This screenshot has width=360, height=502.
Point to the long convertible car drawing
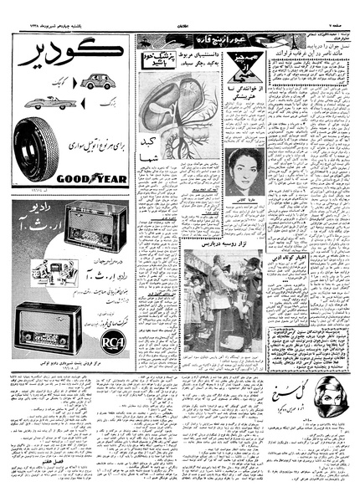(x=49, y=103)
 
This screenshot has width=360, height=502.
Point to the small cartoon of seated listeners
(x=42, y=270)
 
